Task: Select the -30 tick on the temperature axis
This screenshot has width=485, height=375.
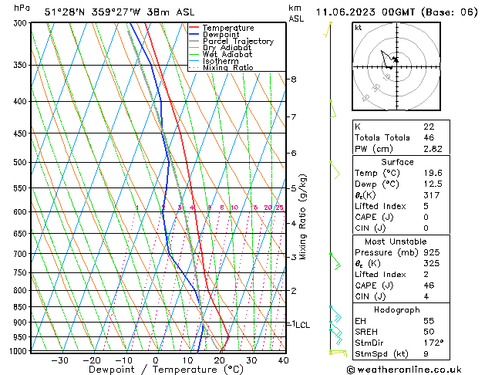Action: click(x=59, y=360)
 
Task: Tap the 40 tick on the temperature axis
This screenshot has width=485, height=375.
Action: click(x=284, y=360)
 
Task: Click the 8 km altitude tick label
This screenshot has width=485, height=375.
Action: click(x=293, y=79)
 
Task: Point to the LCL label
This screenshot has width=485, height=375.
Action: click(x=302, y=325)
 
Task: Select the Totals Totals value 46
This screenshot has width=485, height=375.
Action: click(x=428, y=137)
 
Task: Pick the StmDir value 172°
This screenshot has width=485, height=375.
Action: click(x=433, y=343)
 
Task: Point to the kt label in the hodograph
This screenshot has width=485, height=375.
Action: click(x=358, y=28)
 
